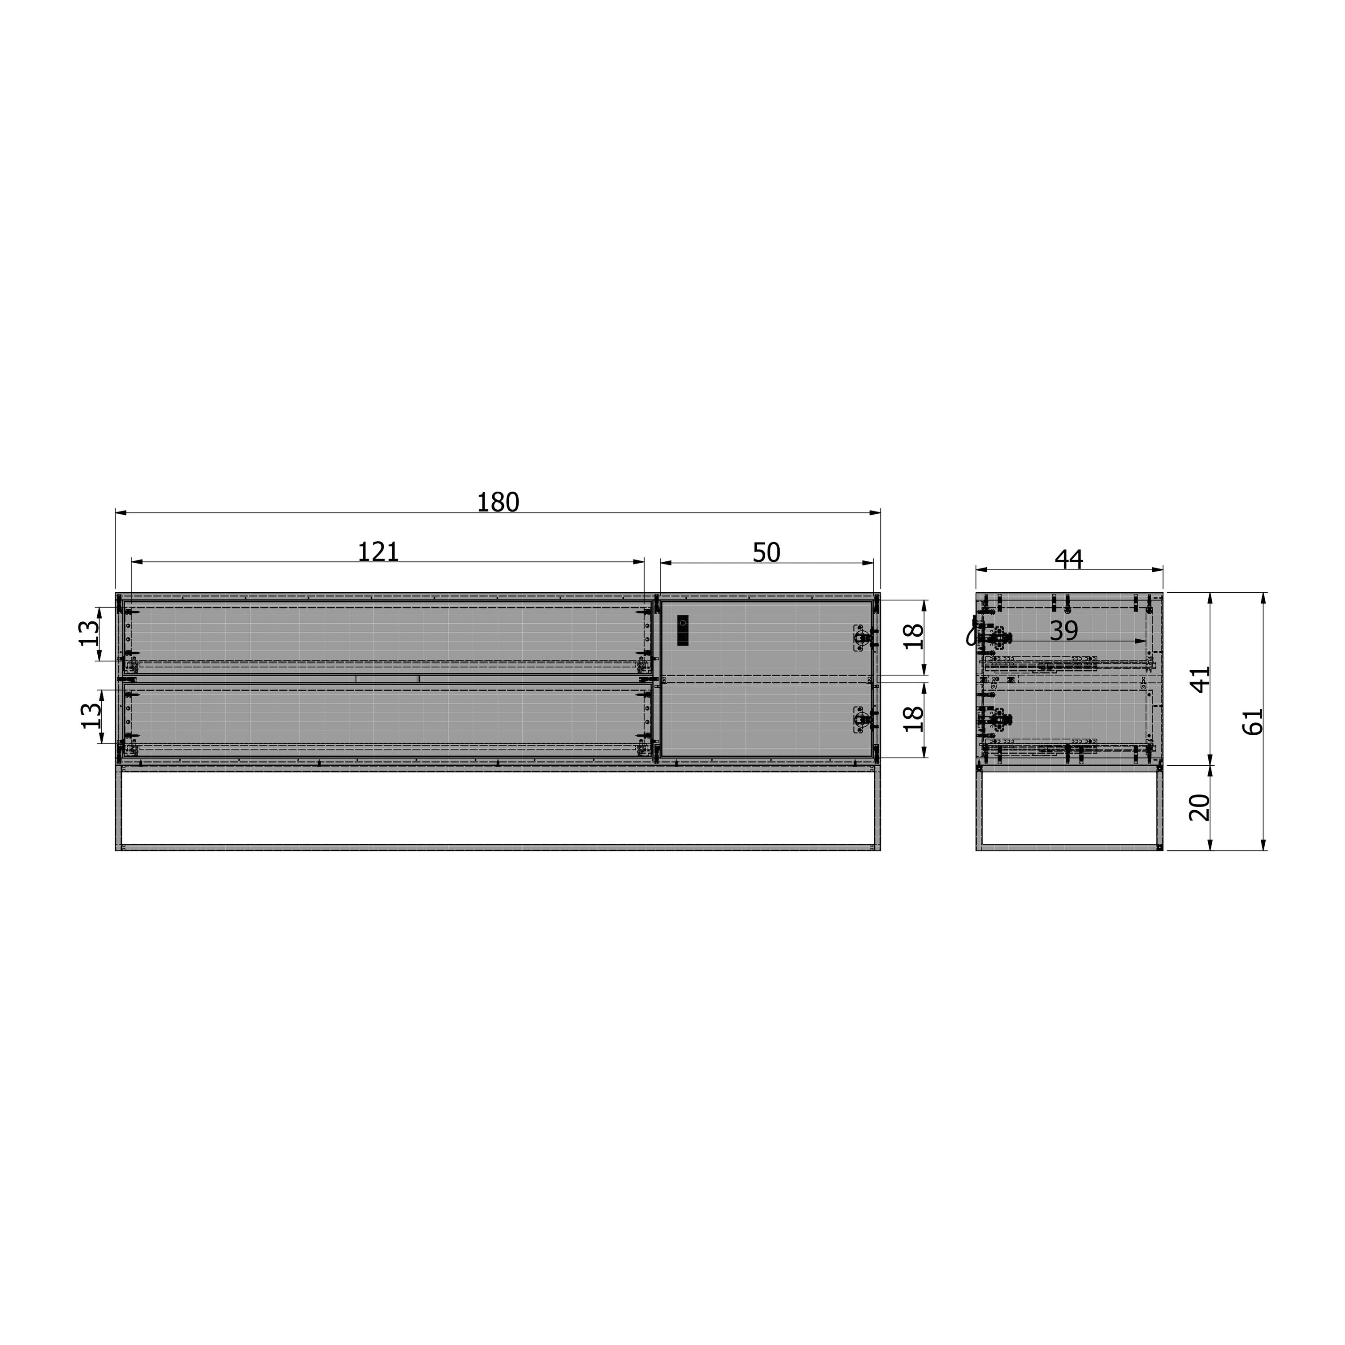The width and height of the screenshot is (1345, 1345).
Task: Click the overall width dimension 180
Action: [x=498, y=502]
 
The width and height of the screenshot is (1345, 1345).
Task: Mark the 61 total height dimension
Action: [x=1252, y=721]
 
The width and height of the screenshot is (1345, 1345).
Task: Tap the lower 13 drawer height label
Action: [x=91, y=716]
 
